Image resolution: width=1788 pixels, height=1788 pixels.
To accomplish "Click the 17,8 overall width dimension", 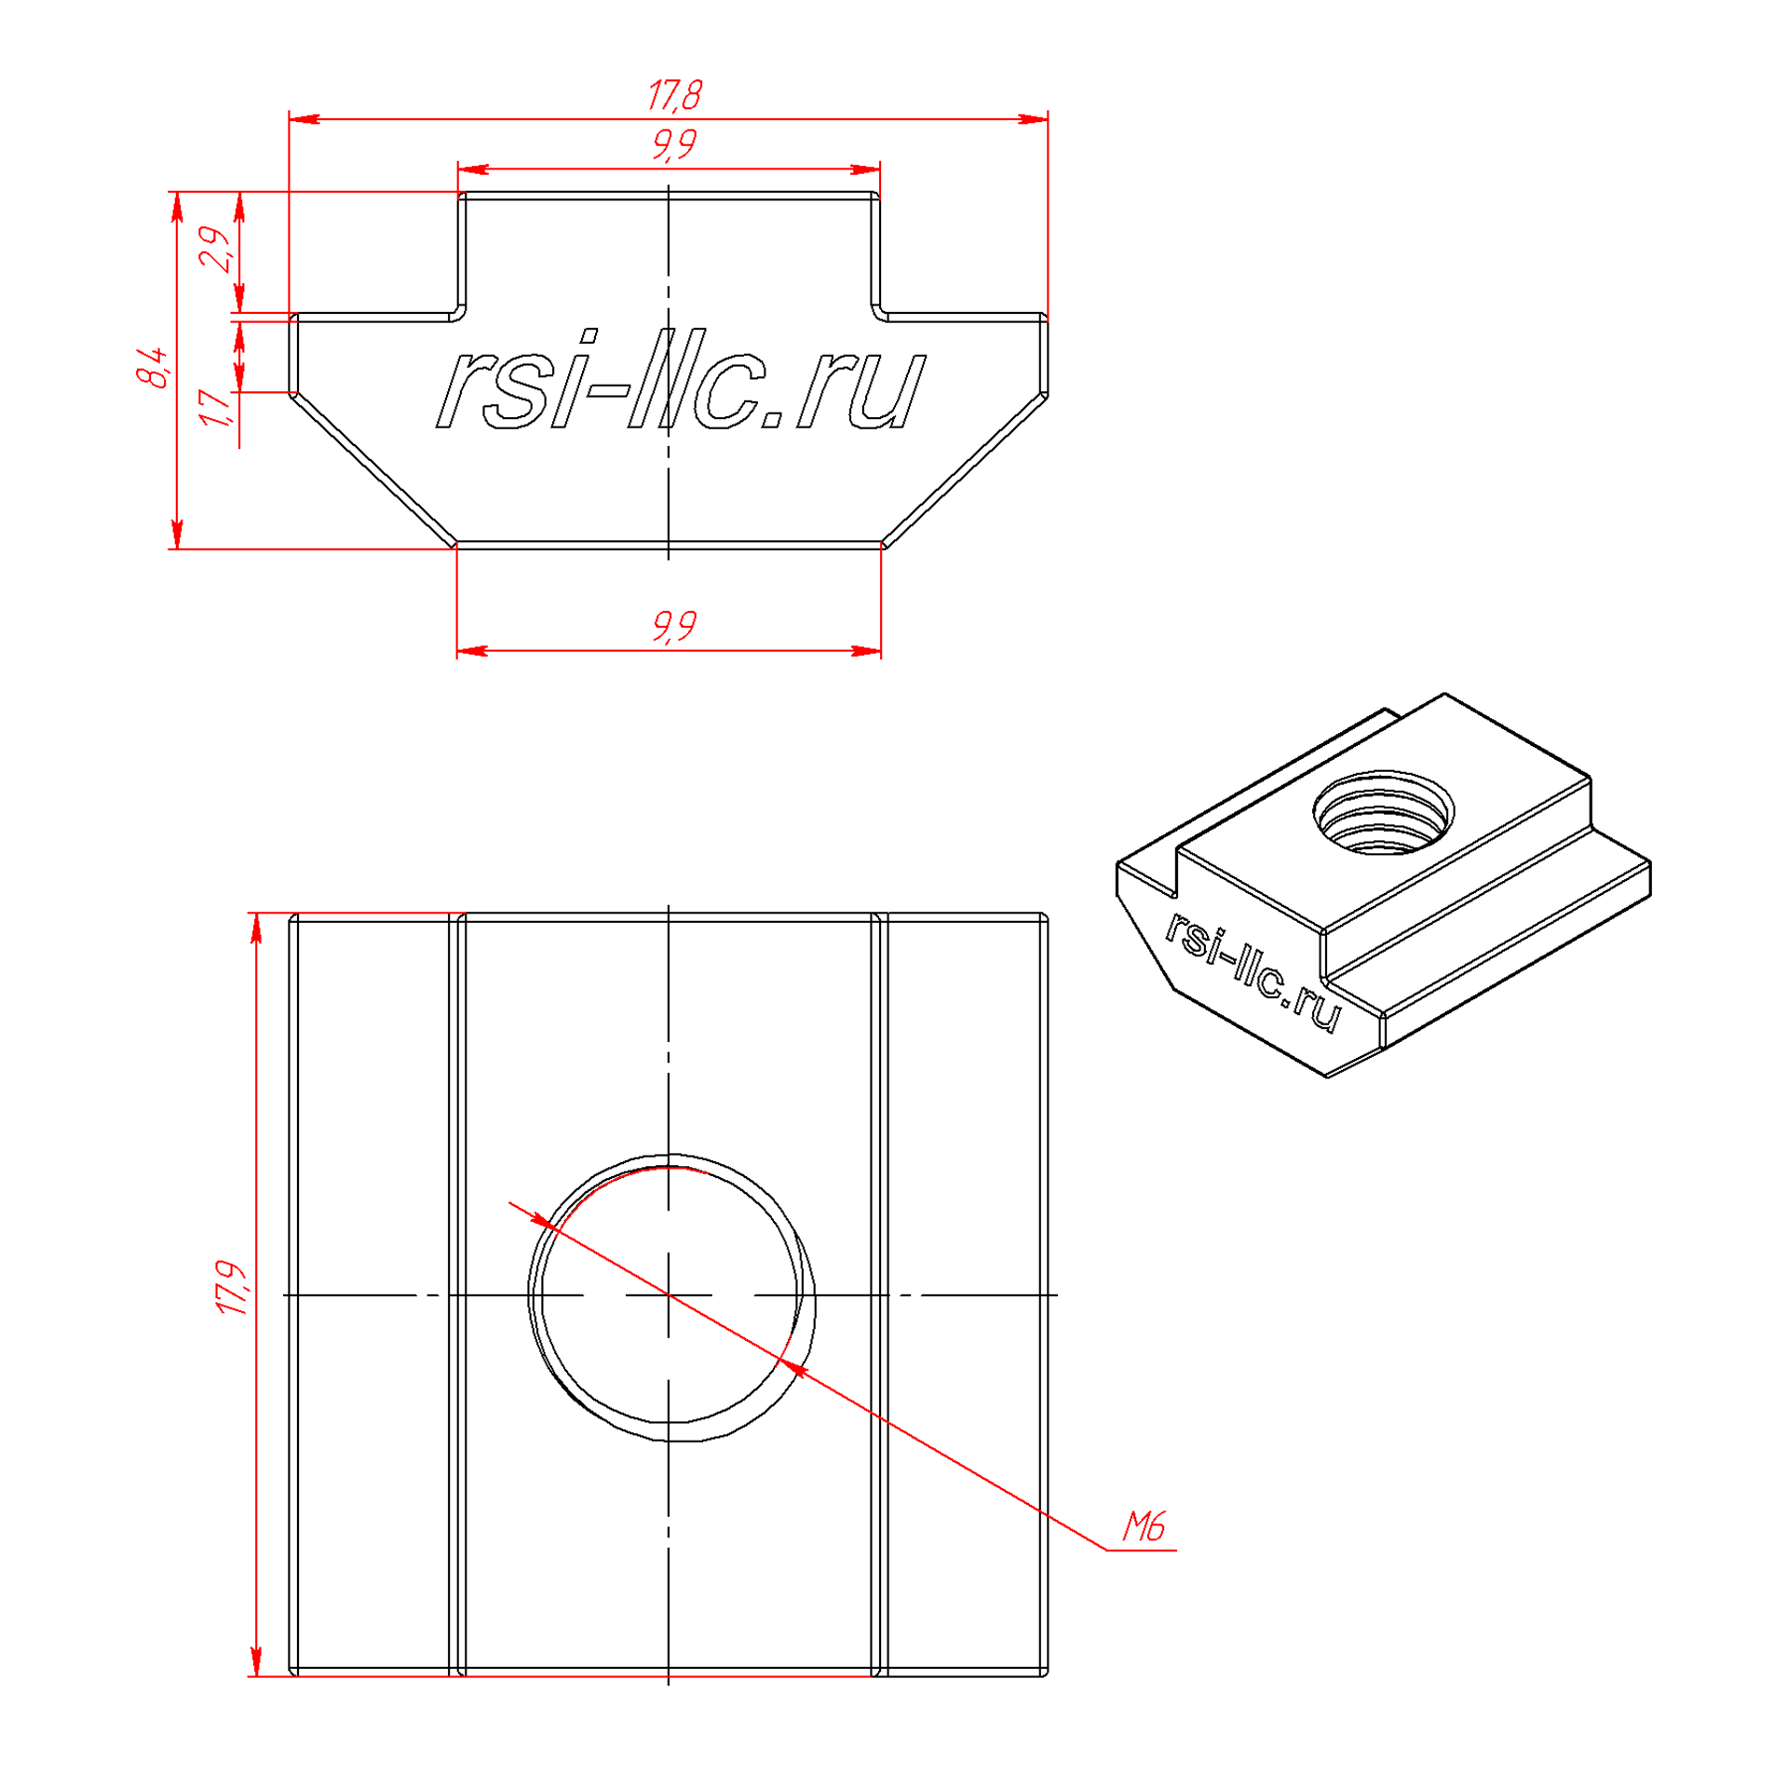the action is [x=674, y=95].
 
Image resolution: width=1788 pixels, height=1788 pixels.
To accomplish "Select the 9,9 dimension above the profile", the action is [x=674, y=144].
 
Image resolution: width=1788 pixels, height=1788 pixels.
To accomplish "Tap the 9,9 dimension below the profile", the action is [x=674, y=625].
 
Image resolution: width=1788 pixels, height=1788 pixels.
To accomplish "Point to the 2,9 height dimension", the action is [x=215, y=248].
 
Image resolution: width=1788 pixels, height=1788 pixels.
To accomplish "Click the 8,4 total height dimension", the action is [x=153, y=367].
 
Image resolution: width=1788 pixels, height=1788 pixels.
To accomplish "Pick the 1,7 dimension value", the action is [x=215, y=409].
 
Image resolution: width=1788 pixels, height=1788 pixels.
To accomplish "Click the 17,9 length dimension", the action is [x=232, y=1289].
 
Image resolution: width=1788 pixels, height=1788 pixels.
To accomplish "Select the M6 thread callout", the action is [x=1144, y=1525].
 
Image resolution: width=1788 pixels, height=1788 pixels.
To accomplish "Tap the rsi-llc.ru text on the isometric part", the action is [x=1253, y=971].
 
